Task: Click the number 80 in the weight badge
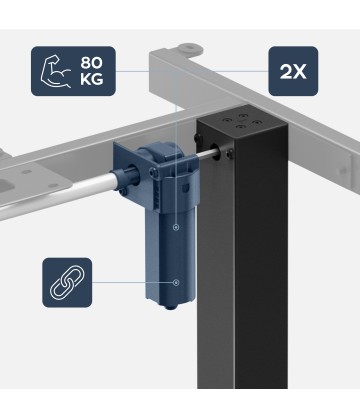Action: [91, 63]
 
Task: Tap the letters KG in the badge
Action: [91, 80]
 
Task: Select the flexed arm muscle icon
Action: [56, 71]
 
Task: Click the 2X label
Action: [293, 72]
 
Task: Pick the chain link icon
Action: [67, 282]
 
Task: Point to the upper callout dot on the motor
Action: [176, 227]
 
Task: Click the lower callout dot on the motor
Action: [176, 282]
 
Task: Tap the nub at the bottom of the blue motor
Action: [171, 307]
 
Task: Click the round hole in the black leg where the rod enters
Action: [215, 152]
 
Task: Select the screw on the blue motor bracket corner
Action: [153, 173]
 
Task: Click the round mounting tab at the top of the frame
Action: [190, 49]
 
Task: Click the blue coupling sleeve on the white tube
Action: [125, 178]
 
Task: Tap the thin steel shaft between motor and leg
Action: [207, 154]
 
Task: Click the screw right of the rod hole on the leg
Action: [229, 153]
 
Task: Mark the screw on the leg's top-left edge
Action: [198, 137]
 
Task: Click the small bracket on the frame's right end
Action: [348, 169]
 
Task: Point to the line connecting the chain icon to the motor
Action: [133, 282]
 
